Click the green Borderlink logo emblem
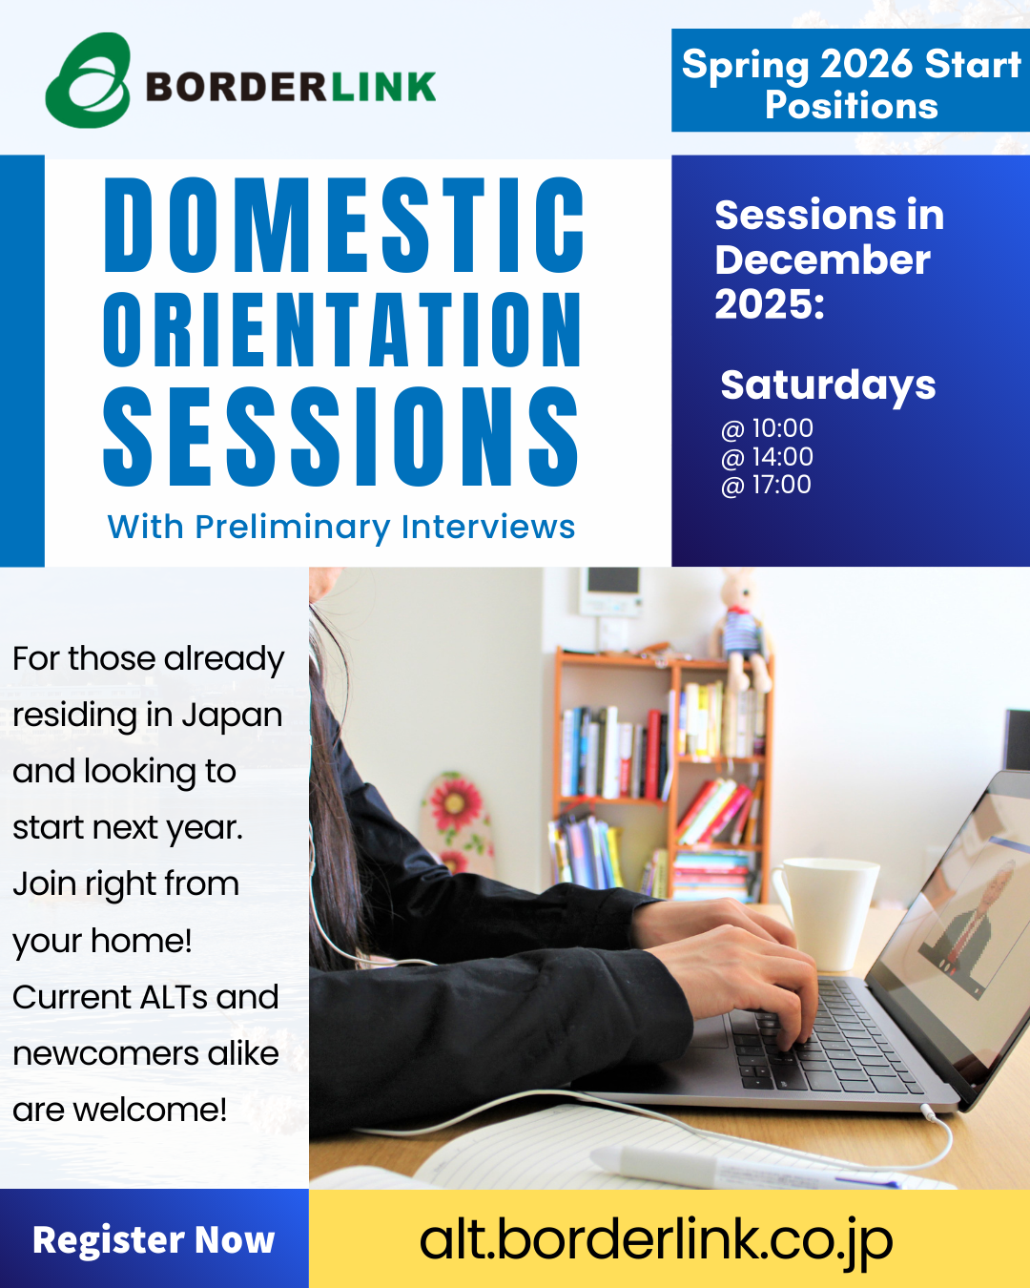(88, 80)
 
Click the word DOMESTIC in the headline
(343, 226)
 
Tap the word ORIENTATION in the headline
(342, 330)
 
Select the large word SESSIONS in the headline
(341, 436)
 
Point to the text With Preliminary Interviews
(341, 527)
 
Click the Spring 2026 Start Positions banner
(851, 80)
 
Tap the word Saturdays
(828, 384)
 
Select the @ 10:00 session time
(767, 428)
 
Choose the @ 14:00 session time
(767, 457)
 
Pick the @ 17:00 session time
(766, 485)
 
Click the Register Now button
(154, 1239)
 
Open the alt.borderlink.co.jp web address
(656, 1241)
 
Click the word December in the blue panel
(823, 261)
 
